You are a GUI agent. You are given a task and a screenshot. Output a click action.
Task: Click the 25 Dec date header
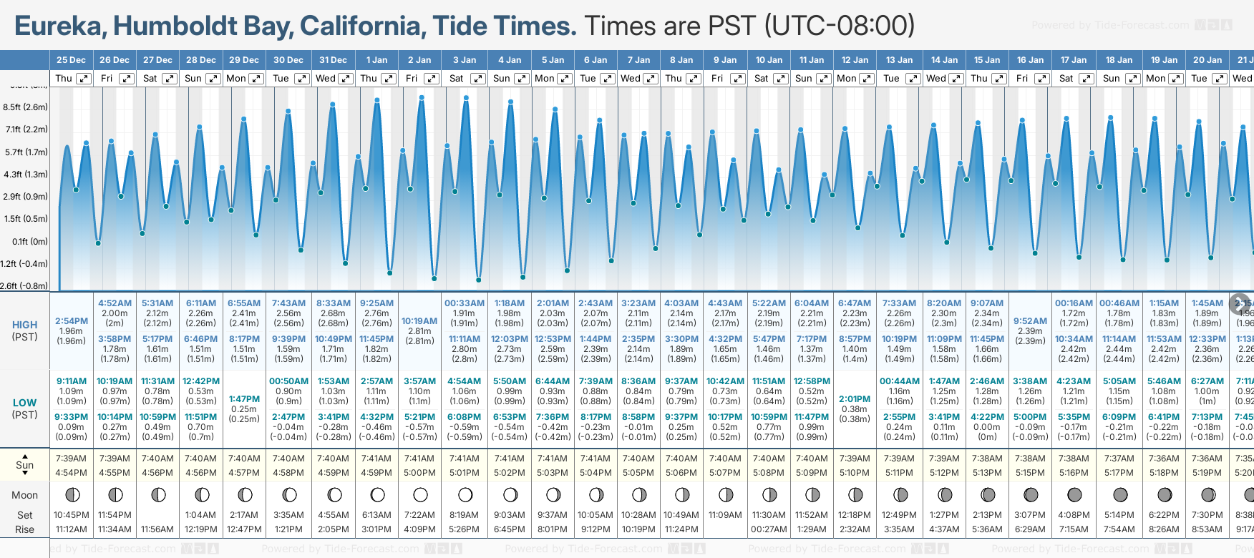click(x=71, y=60)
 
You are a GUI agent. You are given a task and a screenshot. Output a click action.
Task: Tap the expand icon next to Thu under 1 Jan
click(x=389, y=79)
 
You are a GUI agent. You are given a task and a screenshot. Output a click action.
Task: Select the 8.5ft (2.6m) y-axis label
click(x=26, y=107)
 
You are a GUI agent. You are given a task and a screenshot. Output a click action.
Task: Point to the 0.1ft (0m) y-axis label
click(x=30, y=241)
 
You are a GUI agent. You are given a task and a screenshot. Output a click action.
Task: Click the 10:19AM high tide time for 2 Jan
click(x=419, y=321)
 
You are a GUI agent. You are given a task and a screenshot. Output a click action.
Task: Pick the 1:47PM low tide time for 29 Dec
click(x=244, y=399)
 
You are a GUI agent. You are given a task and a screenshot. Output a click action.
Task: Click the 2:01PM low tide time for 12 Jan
click(x=855, y=399)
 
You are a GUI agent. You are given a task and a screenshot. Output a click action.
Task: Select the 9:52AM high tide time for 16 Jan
click(x=1030, y=321)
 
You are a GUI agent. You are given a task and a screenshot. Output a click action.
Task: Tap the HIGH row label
click(x=24, y=325)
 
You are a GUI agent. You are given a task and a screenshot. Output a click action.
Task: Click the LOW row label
click(x=24, y=403)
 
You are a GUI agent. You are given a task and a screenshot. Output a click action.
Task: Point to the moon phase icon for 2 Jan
click(x=420, y=494)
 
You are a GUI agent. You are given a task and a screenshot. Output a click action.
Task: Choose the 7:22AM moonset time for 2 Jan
click(x=419, y=515)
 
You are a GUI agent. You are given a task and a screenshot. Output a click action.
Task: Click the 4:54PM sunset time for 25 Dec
click(x=71, y=473)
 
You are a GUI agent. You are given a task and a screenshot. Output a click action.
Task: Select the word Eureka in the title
click(x=60, y=26)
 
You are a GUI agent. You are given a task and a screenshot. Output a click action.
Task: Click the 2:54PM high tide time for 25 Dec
click(x=71, y=321)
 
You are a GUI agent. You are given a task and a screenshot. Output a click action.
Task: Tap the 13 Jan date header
click(x=899, y=60)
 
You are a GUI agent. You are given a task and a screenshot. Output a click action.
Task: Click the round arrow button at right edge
click(x=1239, y=303)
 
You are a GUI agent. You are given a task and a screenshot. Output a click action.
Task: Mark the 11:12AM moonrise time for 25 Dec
click(x=71, y=529)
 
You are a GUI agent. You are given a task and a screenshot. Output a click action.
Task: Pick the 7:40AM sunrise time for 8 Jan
click(x=681, y=459)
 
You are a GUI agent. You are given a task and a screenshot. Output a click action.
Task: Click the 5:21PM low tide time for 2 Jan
click(x=419, y=417)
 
